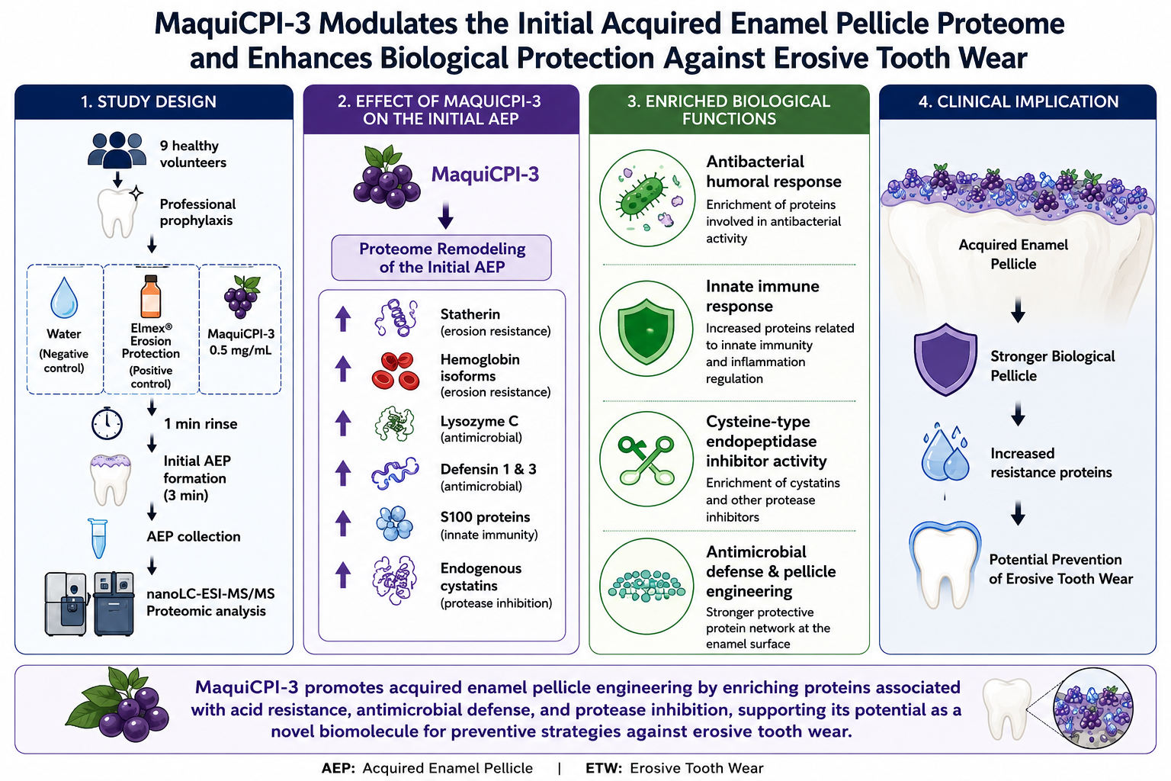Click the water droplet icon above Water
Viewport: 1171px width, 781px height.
click(x=64, y=297)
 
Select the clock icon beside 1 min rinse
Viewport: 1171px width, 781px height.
click(x=107, y=423)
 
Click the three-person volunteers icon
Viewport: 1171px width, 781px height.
click(x=117, y=150)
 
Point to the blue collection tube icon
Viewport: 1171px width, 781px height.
click(x=98, y=538)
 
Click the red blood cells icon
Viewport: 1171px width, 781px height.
click(x=396, y=371)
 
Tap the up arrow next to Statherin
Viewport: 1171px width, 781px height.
click(x=343, y=319)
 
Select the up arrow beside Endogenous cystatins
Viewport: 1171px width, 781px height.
click(x=343, y=574)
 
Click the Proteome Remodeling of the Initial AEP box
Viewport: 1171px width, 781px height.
click(x=441, y=258)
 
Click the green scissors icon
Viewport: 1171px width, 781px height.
click(x=646, y=459)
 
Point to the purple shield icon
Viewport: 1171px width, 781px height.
click(x=945, y=359)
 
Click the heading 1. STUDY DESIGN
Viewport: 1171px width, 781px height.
click(x=149, y=101)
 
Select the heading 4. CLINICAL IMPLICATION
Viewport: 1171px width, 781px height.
click(x=1019, y=101)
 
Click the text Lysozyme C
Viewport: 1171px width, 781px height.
click(x=480, y=421)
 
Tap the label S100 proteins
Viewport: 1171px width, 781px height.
click(x=485, y=517)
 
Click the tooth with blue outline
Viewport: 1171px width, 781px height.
click(x=945, y=565)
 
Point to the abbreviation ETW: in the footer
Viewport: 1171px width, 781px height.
click(x=603, y=768)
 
